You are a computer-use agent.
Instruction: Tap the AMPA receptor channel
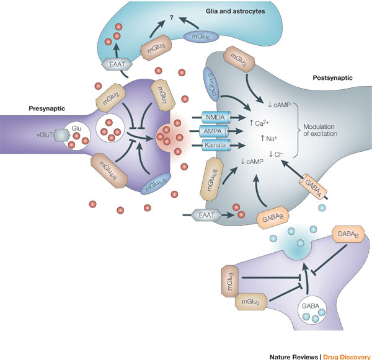tap(215, 131)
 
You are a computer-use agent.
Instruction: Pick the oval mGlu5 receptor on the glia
tap(201, 37)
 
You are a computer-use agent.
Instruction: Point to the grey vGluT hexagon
tap(61, 135)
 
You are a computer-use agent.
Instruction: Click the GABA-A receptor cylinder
tap(313, 187)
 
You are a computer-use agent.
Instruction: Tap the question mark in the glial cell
tap(172, 17)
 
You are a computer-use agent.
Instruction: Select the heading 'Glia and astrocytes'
tap(236, 11)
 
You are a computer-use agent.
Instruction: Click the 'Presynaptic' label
tap(46, 108)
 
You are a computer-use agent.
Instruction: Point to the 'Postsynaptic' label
tap(332, 78)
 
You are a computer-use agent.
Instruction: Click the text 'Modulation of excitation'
tap(320, 130)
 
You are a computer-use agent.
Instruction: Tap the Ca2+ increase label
tap(259, 123)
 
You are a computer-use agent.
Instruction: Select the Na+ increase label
tap(269, 138)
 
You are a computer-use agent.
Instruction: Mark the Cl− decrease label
tap(276, 154)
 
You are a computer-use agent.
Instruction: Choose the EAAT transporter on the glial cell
tap(117, 64)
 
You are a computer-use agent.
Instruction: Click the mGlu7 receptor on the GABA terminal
tap(250, 302)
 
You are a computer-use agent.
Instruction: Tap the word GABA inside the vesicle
tap(311, 306)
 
